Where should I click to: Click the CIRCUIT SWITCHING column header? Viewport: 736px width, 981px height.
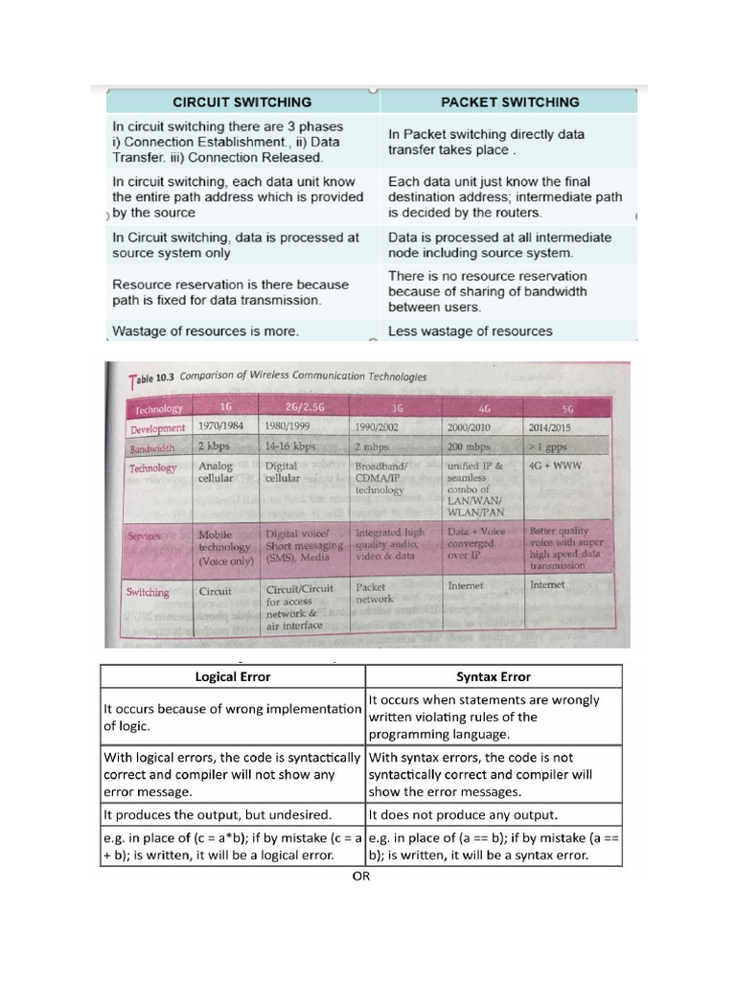[x=241, y=102]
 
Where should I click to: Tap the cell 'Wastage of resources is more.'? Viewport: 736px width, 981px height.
[x=205, y=331]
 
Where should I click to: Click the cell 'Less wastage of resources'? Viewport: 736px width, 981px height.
[x=470, y=331]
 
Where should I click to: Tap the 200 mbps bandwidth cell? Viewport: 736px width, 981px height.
[x=470, y=446]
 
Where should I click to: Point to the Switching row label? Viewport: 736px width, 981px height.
[x=148, y=592]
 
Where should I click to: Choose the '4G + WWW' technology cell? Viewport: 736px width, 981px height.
[x=556, y=468]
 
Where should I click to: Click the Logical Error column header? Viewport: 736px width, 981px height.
[x=232, y=676]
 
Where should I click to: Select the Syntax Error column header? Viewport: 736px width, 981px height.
[x=494, y=676]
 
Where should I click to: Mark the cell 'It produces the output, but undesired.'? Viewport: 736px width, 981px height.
[x=217, y=814]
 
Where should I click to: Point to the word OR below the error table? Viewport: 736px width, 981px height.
[x=360, y=875]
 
